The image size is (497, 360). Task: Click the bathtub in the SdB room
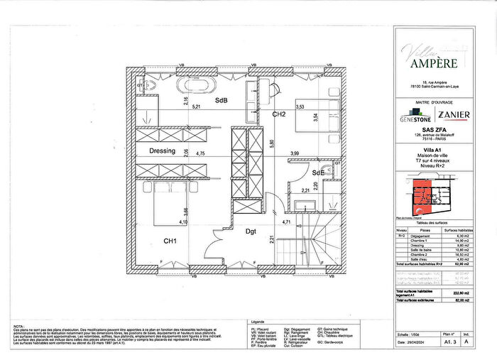click(x=193, y=84)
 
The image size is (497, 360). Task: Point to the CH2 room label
click(x=279, y=114)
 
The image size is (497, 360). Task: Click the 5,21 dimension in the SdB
click(x=197, y=107)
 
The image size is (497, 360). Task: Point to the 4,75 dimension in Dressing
click(x=201, y=153)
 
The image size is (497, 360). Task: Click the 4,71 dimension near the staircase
click(x=288, y=223)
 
